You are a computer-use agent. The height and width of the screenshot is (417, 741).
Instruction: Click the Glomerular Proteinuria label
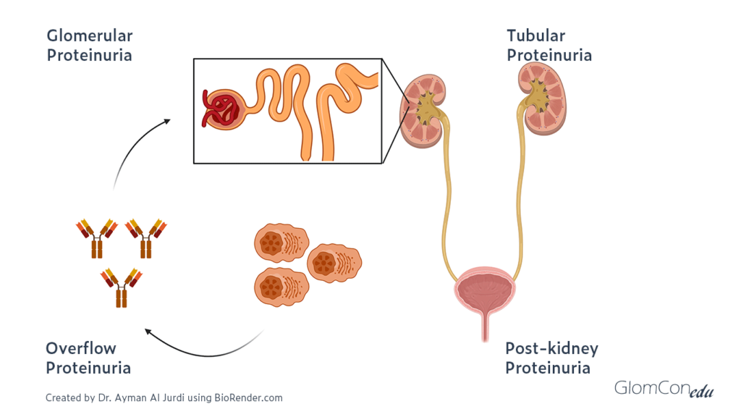coord(90,45)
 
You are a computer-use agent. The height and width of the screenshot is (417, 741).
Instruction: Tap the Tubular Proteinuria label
coord(549,45)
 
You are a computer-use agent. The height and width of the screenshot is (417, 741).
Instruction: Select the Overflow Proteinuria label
coord(88,358)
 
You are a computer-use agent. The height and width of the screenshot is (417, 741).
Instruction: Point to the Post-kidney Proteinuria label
coord(551,358)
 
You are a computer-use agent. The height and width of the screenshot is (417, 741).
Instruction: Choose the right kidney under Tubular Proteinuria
coord(542,98)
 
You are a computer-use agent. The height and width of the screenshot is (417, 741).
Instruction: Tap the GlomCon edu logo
coord(664,389)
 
